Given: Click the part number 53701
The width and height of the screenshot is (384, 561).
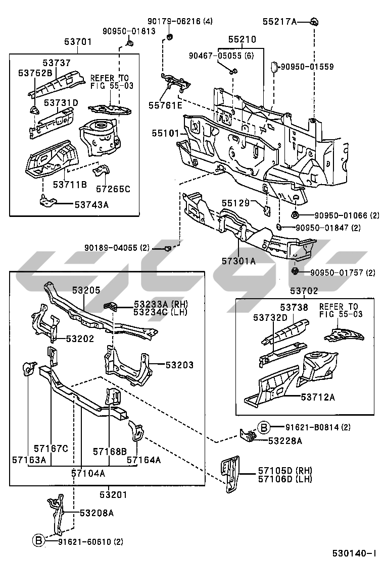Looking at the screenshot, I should point(78,42).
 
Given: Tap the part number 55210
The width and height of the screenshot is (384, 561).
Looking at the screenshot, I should point(242,39).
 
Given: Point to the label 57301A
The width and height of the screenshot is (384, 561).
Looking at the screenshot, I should point(238,261).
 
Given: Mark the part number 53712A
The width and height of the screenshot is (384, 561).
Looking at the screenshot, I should point(318,397).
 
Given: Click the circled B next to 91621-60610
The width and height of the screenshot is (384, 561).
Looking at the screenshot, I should point(39,541).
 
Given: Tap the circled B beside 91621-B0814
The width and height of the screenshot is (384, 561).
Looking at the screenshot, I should point(264,428).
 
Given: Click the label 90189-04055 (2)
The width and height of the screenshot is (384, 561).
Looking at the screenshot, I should point(117,248).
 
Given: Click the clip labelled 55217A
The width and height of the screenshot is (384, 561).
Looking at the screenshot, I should point(314,21).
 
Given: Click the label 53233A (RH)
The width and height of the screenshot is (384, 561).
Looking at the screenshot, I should point(153,304).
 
